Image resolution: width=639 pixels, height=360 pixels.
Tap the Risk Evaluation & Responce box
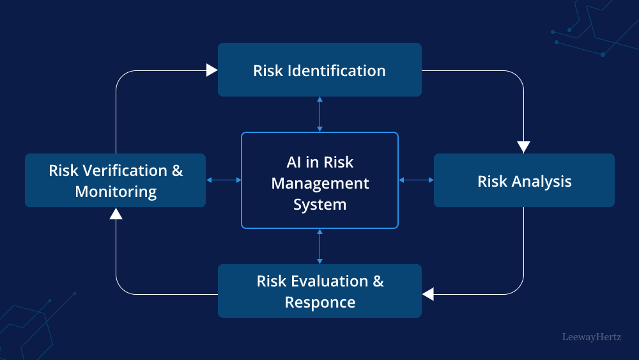coord(319,291)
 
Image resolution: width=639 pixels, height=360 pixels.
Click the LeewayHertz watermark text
coord(591,336)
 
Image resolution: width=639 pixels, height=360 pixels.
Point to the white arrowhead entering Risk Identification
coord(212,70)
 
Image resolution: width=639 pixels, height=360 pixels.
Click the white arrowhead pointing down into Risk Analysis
coord(524,147)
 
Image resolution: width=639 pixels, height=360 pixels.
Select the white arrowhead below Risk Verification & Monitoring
coord(116,214)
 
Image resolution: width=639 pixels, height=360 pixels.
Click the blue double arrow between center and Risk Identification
coord(319,114)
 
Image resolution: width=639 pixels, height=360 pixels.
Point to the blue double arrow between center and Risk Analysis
coord(416,180)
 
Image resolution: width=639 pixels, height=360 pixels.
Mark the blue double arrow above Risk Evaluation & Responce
coord(319,246)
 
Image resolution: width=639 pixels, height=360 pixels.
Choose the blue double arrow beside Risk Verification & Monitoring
coord(224,180)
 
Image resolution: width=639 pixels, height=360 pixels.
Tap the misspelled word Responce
coord(320,302)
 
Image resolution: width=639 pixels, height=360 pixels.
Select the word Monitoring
coord(116,191)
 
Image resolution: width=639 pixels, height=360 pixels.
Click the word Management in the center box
coord(320,184)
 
